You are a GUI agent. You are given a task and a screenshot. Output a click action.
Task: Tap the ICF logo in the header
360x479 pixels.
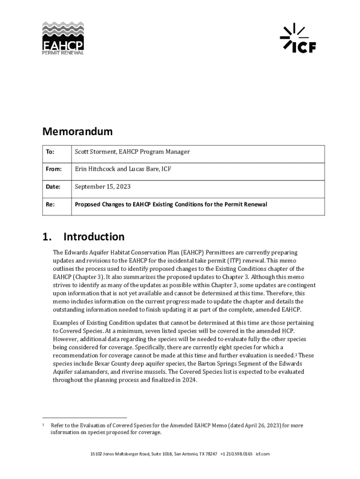point(298,38)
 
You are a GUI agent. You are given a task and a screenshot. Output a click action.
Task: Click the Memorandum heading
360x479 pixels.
point(77,131)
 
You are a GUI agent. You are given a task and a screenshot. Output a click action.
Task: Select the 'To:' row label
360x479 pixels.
point(50,152)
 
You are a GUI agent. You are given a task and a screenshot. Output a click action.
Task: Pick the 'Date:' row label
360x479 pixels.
point(53,187)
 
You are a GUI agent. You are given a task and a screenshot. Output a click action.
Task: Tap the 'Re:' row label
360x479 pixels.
point(50,204)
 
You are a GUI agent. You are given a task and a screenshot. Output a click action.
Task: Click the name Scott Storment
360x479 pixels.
point(96,152)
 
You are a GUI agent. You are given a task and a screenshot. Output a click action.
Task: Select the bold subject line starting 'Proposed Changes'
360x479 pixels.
point(171,204)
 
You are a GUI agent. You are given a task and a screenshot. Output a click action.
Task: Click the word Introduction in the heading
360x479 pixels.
point(94,237)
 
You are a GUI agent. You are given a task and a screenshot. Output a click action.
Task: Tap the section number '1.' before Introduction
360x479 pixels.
point(47,237)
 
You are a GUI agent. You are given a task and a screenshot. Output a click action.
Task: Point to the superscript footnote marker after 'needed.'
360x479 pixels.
point(299,354)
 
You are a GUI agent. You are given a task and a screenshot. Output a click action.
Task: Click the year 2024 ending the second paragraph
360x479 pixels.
point(190,380)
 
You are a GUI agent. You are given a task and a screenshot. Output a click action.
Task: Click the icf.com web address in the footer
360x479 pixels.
point(263,454)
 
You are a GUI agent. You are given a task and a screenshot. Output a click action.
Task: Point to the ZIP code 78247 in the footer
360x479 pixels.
point(211,454)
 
